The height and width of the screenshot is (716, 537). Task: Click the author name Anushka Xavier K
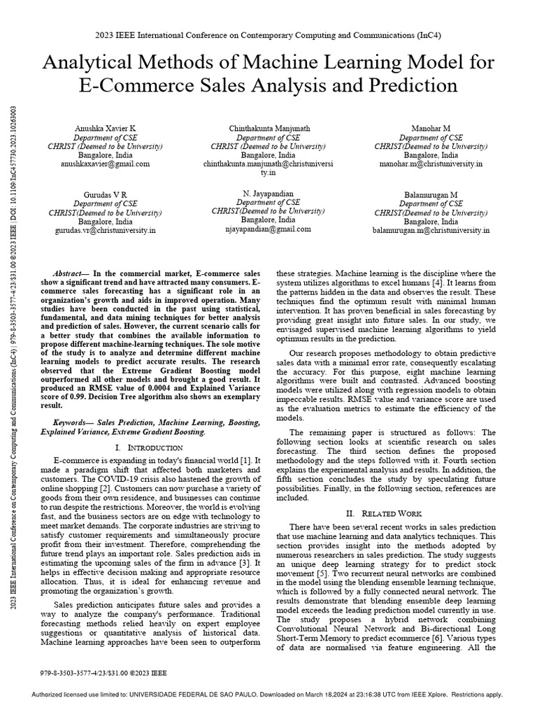(x=106, y=130)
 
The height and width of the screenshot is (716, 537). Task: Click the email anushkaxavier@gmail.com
(x=106, y=164)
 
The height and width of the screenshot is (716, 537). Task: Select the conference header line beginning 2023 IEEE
(x=268, y=34)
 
